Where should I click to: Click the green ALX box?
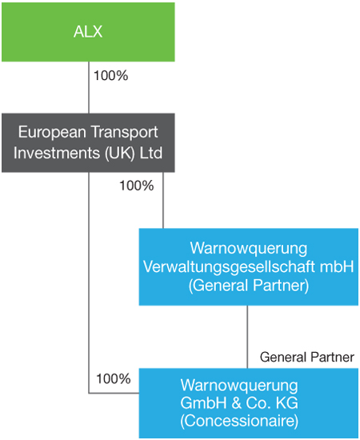click(x=88, y=32)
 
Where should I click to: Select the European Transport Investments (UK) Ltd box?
click(x=88, y=143)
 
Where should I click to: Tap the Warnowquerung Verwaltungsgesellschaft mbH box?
click(x=249, y=267)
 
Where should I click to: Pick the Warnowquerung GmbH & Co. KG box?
click(x=249, y=403)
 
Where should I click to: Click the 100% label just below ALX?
click(x=111, y=76)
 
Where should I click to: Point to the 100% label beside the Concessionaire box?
click(x=114, y=379)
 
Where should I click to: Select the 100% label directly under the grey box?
click(x=137, y=186)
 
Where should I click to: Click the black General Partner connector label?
click(x=307, y=358)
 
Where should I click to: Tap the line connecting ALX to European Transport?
click(x=89, y=87)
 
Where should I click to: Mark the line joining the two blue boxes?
click(x=247, y=337)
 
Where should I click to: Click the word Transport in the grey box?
click(x=124, y=133)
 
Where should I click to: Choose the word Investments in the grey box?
click(x=57, y=153)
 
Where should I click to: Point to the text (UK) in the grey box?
click(x=120, y=154)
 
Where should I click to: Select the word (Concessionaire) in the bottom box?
click(x=239, y=421)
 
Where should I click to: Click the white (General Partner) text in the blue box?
click(x=249, y=286)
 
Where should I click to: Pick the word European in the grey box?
click(x=52, y=133)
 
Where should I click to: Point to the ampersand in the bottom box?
click(x=236, y=403)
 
